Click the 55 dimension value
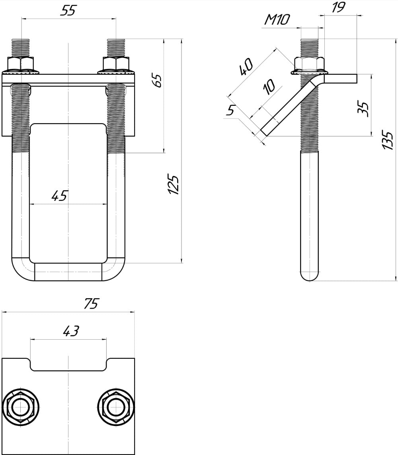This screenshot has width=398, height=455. pos(68,10)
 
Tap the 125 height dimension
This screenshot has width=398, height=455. pos(174,185)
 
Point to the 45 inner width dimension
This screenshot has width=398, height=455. pos(60,196)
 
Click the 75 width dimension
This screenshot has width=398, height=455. pos(91,303)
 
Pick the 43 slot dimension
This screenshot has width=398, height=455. pos(71,331)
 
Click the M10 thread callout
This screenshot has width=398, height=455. pos(277,19)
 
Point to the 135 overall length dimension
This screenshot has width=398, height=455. pos(387,140)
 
